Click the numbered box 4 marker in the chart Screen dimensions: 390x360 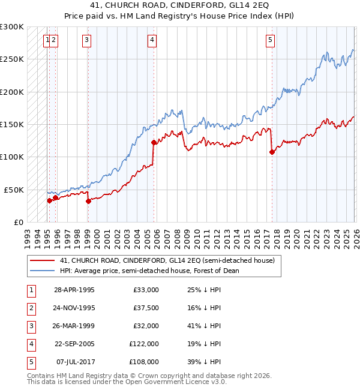[x=152, y=40]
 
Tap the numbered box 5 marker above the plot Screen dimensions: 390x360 [x=271, y=40]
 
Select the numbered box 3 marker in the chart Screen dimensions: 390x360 [x=87, y=40]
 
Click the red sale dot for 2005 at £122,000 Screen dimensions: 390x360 [x=154, y=143]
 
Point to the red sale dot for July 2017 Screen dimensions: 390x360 [x=272, y=152]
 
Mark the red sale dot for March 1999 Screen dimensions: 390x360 [x=88, y=201]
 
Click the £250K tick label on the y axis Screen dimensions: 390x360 [x=12, y=59]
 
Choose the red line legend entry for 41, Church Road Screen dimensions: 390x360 [x=167, y=260]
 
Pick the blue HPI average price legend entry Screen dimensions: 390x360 [x=149, y=271]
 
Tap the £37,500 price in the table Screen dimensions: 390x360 [x=144, y=308]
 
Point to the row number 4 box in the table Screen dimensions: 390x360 [x=30, y=344]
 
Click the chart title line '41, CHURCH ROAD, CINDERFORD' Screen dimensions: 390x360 [x=179, y=6]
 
